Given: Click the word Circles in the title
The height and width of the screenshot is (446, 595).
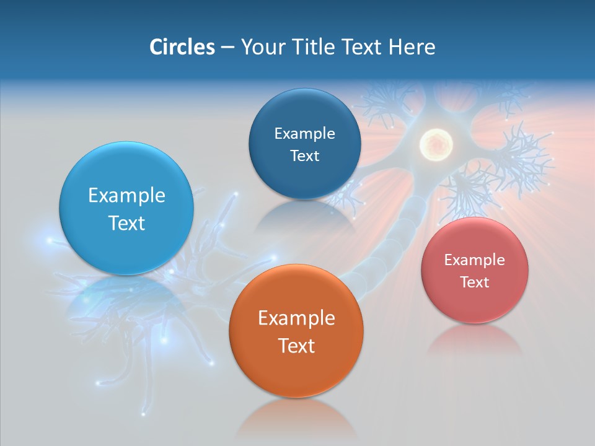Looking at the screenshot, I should click(182, 47).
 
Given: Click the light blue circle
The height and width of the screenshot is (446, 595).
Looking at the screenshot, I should click(126, 248).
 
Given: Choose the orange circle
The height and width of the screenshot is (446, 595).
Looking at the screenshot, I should click(296, 372).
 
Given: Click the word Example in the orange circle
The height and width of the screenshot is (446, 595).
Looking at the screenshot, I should click(296, 318).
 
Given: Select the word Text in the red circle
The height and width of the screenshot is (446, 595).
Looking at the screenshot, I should click(475, 282).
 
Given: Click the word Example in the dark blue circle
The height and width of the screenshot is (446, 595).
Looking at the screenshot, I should click(304, 134).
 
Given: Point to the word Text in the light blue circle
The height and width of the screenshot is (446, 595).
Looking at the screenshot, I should click(126, 223).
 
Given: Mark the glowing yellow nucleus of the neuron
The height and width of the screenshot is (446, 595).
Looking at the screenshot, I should click(436, 144).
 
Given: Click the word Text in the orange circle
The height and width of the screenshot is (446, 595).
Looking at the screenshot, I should click(296, 346).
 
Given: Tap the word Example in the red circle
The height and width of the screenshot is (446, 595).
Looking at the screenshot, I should click(475, 260).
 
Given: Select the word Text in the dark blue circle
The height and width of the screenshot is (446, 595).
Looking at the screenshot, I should click(304, 156).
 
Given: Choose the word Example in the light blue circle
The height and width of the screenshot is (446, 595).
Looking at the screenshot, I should click(126, 196).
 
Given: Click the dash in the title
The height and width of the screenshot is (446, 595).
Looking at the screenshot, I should click(227, 48).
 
